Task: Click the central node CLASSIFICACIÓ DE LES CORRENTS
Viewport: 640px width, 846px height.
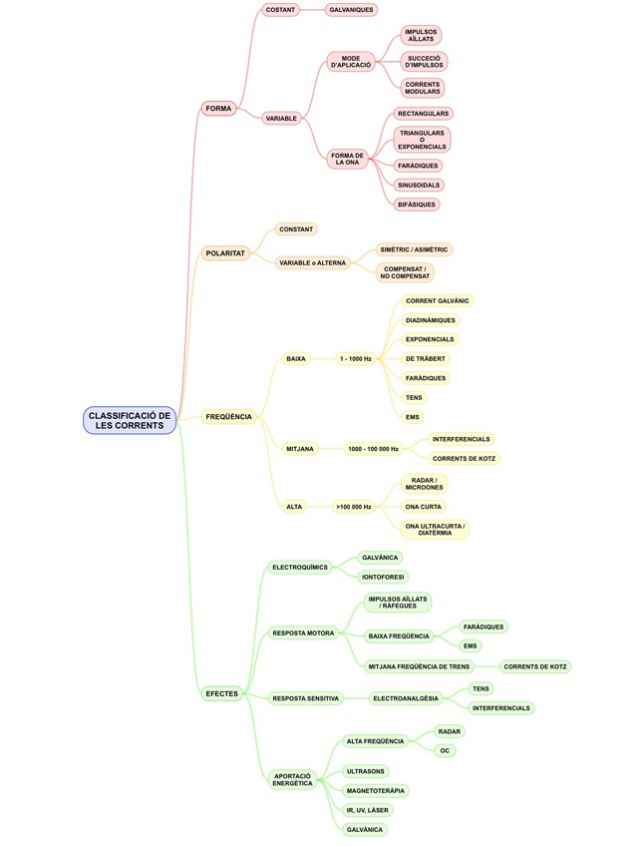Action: [130, 420]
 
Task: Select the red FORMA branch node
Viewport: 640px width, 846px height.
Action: [217, 108]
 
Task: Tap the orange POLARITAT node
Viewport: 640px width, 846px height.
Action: [225, 254]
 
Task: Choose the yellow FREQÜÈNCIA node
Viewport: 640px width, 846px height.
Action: [228, 416]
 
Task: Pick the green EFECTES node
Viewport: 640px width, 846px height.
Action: [221, 693]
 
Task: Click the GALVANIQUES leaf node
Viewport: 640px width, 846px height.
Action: [352, 10]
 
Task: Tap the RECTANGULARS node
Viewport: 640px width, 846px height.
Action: [424, 114]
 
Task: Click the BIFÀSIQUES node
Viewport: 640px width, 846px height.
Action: [417, 205]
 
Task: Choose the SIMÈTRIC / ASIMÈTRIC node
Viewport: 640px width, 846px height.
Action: [415, 249]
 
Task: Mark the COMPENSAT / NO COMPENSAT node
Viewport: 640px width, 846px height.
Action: [404, 272]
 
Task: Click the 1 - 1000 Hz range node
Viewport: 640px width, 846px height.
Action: [355, 358]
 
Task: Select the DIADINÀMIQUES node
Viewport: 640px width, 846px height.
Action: [431, 320]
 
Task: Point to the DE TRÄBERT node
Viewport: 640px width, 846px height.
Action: [426, 358]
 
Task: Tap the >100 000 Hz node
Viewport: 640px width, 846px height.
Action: [354, 507]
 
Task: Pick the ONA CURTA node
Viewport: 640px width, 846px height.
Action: [424, 507]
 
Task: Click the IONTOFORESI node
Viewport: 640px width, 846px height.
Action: [384, 577]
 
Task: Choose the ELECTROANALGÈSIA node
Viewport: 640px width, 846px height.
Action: [405, 698]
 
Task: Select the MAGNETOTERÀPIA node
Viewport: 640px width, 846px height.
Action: [376, 790]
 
